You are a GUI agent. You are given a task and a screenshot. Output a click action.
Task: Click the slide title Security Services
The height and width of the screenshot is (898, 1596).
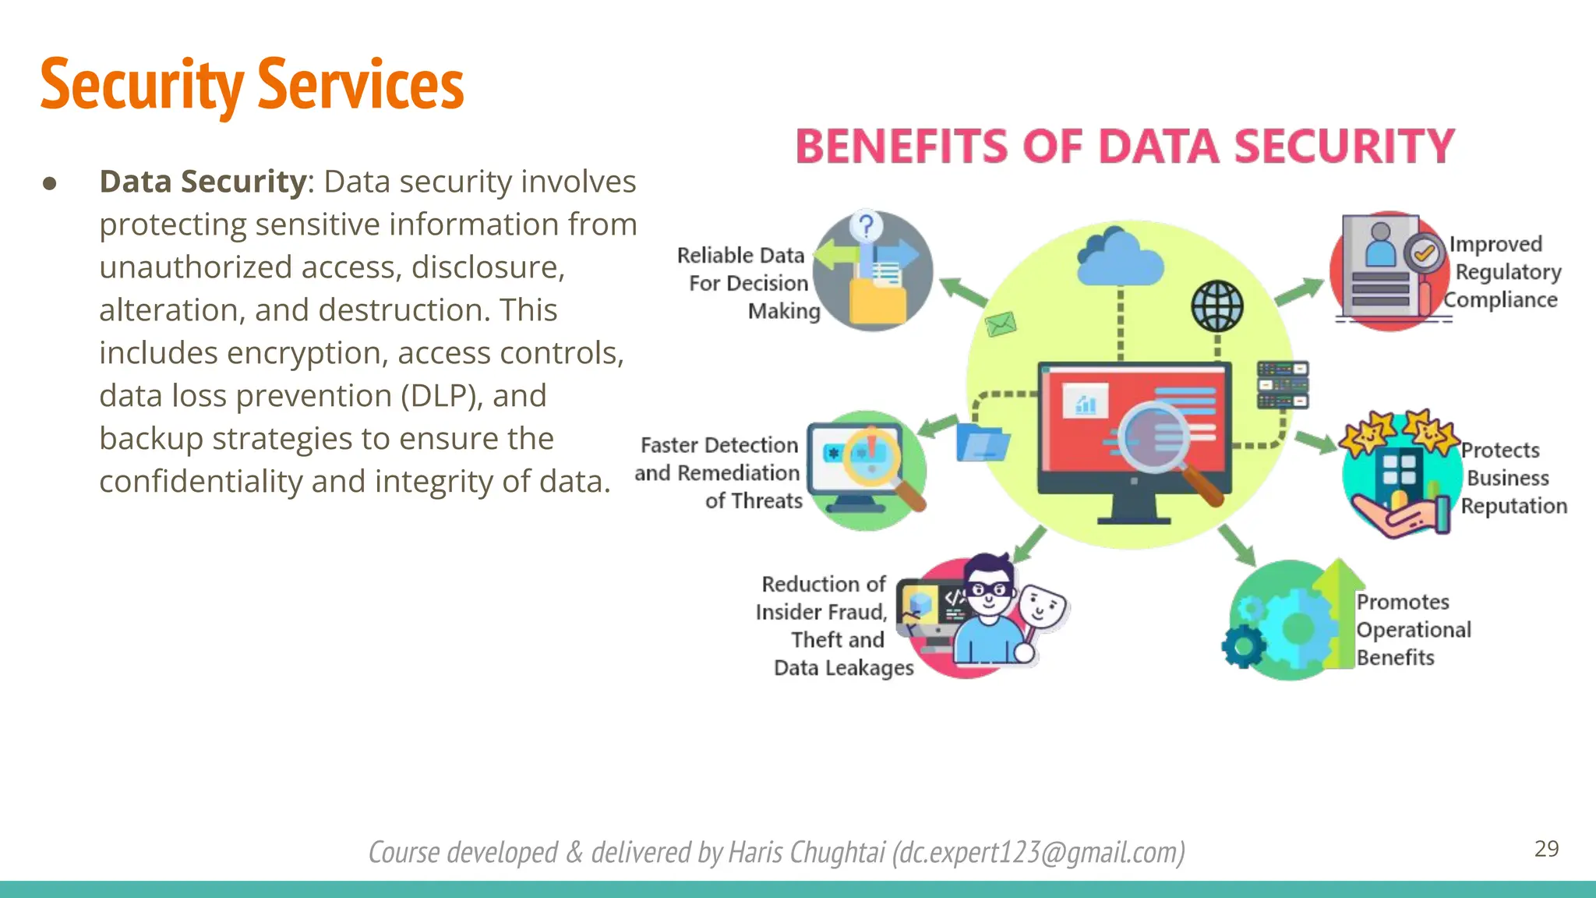(252, 84)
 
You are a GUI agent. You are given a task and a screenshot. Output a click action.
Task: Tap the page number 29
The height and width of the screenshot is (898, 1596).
(1546, 849)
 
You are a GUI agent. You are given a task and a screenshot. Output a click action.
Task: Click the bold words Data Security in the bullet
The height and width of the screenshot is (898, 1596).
(203, 182)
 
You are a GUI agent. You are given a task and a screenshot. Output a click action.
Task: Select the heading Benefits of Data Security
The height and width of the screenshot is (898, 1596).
(1125, 147)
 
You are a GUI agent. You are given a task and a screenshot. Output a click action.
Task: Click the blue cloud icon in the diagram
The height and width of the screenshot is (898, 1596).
(1119, 257)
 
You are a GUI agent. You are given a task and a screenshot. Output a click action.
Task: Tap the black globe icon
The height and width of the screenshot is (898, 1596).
(1217, 306)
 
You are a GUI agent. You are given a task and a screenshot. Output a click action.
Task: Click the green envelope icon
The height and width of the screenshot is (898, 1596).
(1001, 323)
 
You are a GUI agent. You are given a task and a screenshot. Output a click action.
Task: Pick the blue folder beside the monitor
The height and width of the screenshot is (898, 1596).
(982, 443)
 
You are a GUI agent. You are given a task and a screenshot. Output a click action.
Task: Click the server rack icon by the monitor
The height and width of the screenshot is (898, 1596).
(1282, 385)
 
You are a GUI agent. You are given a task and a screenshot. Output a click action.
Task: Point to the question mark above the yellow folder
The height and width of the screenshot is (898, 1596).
(866, 226)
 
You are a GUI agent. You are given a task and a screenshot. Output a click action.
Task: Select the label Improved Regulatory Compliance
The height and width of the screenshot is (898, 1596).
(1504, 272)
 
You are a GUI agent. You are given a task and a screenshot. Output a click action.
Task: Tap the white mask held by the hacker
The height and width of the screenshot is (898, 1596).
(1042, 607)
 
